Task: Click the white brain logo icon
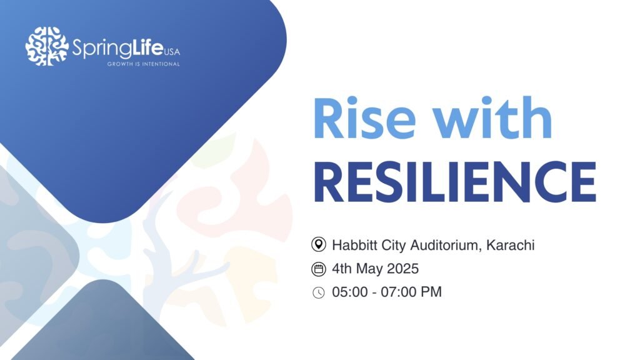[47, 46]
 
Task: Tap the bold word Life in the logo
[147, 47]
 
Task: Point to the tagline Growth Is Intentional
[143, 64]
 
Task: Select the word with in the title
[492, 117]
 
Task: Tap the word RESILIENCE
[455, 182]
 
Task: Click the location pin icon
[318, 244]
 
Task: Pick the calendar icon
[318, 269]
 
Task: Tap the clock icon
[318, 292]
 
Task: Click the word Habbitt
[355, 245]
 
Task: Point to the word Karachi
[510, 245]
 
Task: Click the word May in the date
[369, 269]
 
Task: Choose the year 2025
[403, 269]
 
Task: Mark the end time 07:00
[398, 292]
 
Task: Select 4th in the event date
[342, 269]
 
